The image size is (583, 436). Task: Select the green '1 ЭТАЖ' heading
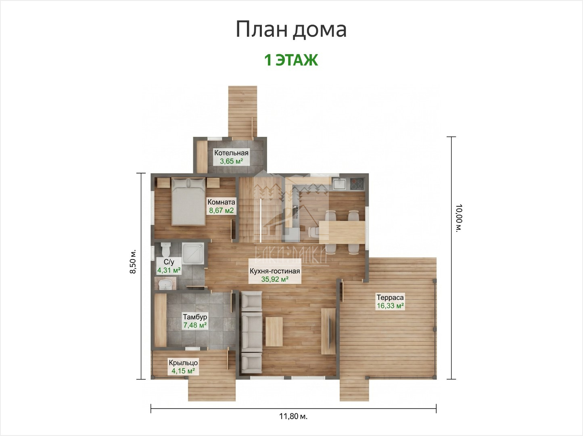291,60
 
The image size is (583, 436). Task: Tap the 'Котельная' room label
231,153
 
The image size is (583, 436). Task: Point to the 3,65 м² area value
231,161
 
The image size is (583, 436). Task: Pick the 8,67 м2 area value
221,210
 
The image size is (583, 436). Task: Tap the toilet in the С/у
166,249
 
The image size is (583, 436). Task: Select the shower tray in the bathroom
193,253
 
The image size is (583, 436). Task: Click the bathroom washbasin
165,284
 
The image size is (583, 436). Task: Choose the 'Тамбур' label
195,317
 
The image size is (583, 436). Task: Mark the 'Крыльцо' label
183,363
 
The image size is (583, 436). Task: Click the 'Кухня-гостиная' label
275,271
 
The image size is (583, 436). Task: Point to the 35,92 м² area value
275,279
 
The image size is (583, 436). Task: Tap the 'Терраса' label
390,297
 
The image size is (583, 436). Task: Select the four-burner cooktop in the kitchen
357,184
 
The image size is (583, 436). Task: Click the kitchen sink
339,184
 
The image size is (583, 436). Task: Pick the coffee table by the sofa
274,331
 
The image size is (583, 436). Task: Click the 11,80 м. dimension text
293,416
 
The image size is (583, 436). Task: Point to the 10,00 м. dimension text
459,218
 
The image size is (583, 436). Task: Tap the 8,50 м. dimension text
133,262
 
